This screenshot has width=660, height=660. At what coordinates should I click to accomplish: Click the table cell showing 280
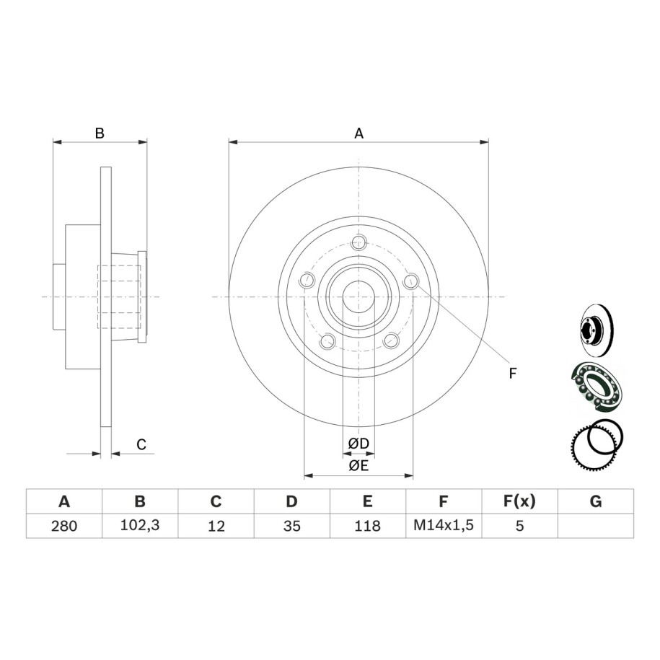(x=64, y=526)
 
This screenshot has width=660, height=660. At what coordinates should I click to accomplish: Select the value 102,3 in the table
(x=140, y=525)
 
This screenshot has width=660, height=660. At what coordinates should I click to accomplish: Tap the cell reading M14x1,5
(x=444, y=525)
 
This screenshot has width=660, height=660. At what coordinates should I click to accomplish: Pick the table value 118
(x=367, y=526)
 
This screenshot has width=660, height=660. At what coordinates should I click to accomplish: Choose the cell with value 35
(x=291, y=526)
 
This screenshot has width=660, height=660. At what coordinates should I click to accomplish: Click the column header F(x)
(x=519, y=501)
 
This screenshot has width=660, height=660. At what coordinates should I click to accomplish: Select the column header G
(x=596, y=501)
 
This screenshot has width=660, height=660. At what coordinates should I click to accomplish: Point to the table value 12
(x=216, y=526)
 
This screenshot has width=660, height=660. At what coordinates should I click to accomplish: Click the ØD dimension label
(x=358, y=443)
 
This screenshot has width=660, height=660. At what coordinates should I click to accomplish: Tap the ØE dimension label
(x=358, y=465)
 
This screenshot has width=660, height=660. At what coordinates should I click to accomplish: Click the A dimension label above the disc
(x=358, y=133)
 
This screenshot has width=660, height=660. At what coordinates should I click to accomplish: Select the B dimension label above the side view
(x=100, y=133)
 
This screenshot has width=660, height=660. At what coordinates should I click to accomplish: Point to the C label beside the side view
(x=141, y=444)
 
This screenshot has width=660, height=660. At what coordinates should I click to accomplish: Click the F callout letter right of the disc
(x=512, y=373)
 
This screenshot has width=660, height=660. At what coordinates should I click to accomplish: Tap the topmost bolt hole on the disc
(x=358, y=242)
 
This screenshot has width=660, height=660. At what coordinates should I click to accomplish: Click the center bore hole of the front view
(x=358, y=297)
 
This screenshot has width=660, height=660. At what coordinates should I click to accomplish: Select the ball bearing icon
(x=596, y=385)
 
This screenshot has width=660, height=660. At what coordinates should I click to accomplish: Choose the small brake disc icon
(x=596, y=331)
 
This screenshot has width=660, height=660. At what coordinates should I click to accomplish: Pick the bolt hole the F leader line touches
(x=411, y=281)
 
